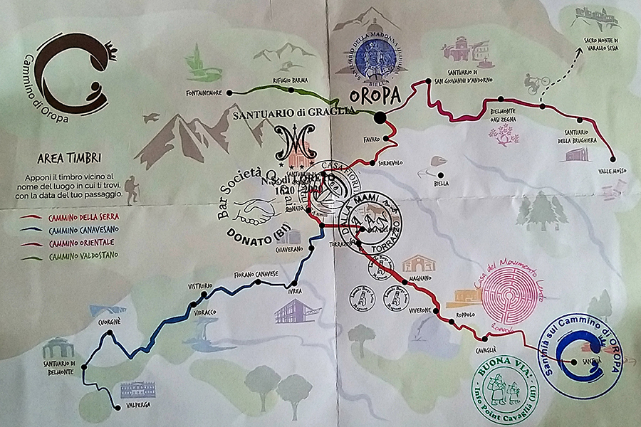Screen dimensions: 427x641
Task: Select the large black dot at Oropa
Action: pos(380,117)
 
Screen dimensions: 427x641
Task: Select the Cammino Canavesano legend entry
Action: pos(69,229)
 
